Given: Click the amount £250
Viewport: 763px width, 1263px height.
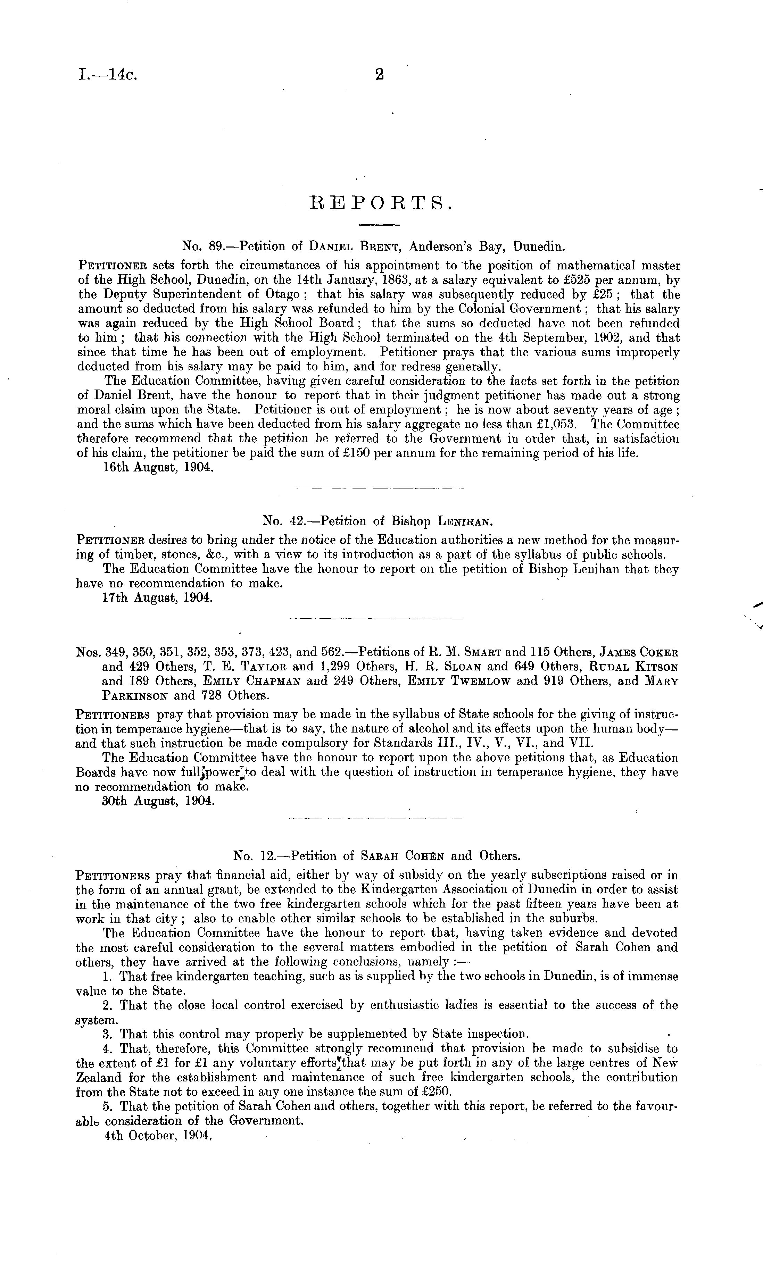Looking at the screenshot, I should (438, 1091).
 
